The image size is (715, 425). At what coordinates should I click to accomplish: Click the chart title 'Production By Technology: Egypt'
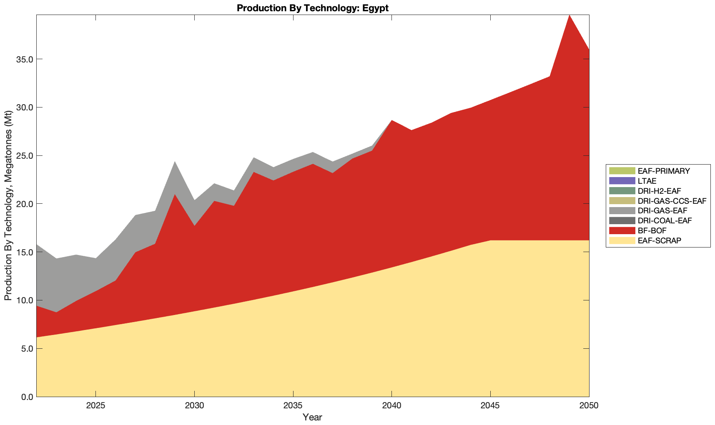[x=312, y=8]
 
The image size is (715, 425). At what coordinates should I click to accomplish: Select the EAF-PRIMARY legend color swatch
[x=622, y=171]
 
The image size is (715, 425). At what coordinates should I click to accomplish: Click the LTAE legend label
[x=647, y=181]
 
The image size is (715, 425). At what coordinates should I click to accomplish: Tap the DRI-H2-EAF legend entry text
[x=659, y=191]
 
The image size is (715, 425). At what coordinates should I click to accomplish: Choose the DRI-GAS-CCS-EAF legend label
[x=672, y=201]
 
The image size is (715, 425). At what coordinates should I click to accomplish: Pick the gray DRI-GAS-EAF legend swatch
[x=622, y=211]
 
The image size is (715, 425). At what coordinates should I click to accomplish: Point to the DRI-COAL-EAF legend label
[x=665, y=221]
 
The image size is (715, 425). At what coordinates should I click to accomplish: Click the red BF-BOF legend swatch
[x=622, y=230]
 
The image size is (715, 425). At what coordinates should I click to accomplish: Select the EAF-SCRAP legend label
[x=659, y=240]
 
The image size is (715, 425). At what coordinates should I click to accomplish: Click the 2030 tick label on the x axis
[x=194, y=406]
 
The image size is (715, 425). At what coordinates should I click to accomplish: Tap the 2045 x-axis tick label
[x=490, y=406]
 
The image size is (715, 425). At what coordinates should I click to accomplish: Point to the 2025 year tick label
[x=95, y=406]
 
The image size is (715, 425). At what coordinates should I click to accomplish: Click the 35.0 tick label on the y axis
[x=25, y=59]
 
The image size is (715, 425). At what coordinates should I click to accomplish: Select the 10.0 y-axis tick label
[x=25, y=300]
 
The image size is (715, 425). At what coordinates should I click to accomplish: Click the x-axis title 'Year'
[x=312, y=417]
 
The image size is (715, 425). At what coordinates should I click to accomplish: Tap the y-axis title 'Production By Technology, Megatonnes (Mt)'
[x=8, y=205]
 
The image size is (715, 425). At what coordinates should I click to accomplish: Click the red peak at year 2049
[x=569, y=17]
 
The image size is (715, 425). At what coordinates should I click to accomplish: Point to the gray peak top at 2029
[x=175, y=162]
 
